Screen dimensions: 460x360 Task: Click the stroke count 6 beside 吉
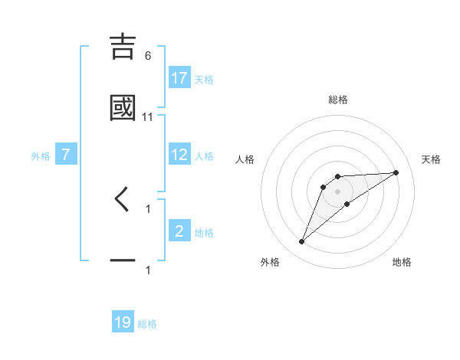[x=148, y=56]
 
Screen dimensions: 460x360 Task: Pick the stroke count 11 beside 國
[x=148, y=116]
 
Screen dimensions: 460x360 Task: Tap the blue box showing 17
[x=179, y=78]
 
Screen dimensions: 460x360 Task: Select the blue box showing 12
[x=179, y=155]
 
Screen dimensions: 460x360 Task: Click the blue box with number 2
[x=179, y=231]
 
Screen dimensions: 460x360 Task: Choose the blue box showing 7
[x=66, y=155]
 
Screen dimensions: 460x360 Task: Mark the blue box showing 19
[x=123, y=323]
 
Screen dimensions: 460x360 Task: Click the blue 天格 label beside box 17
[x=204, y=79]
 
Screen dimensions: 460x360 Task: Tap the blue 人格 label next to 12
[x=204, y=155]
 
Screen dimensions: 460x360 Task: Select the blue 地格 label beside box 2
[x=204, y=232]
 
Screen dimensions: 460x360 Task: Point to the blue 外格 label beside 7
[x=41, y=155]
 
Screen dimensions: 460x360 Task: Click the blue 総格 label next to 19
[x=147, y=324]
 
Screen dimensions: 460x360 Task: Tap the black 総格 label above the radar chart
[x=337, y=100]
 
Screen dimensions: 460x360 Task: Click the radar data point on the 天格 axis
[x=396, y=172]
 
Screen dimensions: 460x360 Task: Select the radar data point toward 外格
[x=301, y=242]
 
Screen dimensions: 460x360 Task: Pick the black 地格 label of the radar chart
[x=402, y=263]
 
